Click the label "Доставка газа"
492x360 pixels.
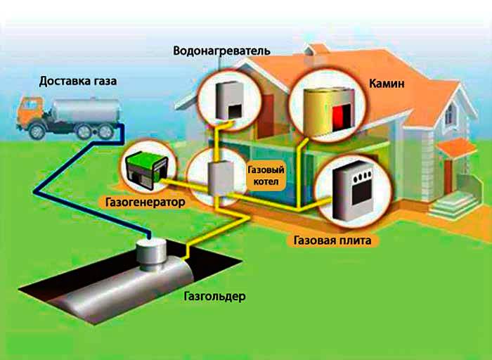click(x=78, y=81)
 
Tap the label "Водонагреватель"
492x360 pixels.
click(x=221, y=51)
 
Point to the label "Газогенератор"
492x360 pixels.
click(x=146, y=202)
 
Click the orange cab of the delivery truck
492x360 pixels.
click(x=32, y=116)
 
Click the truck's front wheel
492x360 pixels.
click(x=35, y=132)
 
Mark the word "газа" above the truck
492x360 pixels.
click(x=102, y=81)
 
